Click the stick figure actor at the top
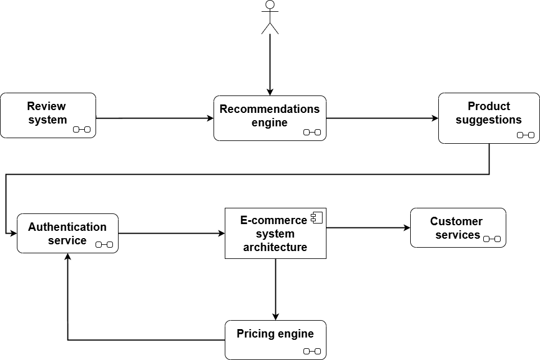(270, 17)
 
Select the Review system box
(48, 115)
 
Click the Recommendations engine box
(270, 118)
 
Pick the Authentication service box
(67, 233)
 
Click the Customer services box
(458, 227)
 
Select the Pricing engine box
(275, 340)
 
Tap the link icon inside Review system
(81, 130)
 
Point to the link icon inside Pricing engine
(312, 351)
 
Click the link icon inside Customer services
(492, 239)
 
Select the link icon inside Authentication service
(104, 244)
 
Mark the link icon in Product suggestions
(525, 135)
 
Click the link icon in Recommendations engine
(312, 132)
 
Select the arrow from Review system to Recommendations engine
(155, 118)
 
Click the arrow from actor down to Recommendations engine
(270, 65)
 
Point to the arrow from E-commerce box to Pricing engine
(275, 289)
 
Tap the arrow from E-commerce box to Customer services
(368, 227)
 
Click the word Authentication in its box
(67, 227)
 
